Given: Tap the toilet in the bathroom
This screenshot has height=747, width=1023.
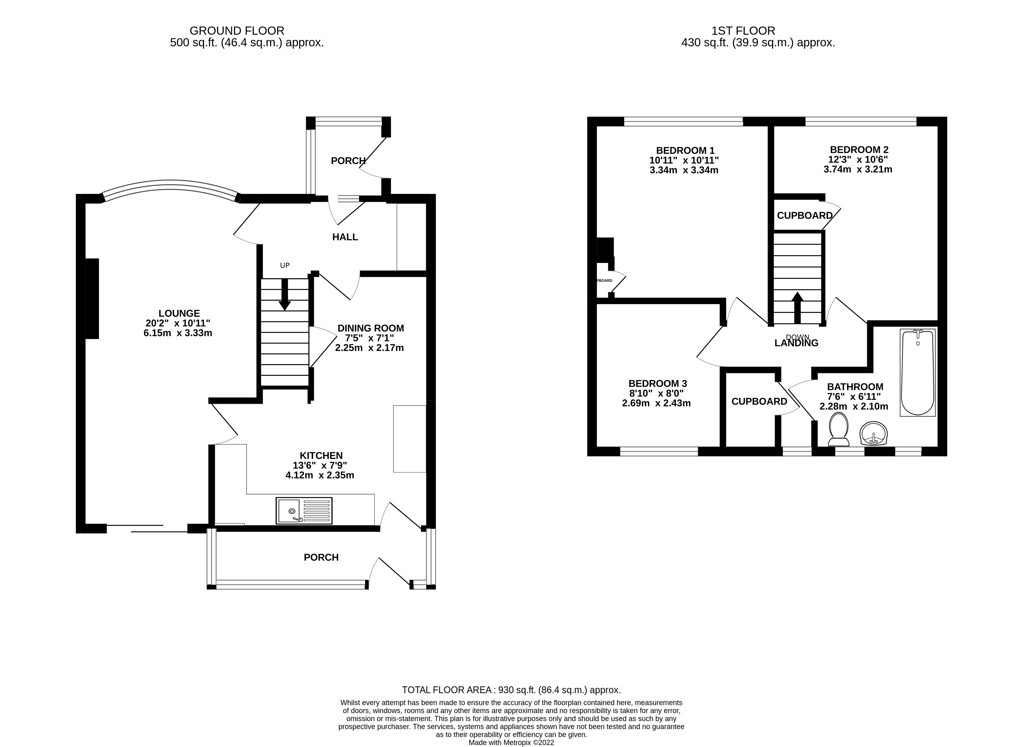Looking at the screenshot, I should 838,429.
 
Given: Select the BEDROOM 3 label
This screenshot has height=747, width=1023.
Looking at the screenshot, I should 657,383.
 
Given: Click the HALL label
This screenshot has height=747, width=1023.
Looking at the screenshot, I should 345,237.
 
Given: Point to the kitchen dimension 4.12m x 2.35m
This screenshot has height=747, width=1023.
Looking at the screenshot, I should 319,475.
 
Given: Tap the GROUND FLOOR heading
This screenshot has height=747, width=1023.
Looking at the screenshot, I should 237,31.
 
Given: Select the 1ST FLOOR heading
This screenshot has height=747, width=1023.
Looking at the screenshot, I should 743,31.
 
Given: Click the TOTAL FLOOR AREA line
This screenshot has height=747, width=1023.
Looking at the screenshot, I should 511,690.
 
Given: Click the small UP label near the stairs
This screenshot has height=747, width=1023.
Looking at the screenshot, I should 284,265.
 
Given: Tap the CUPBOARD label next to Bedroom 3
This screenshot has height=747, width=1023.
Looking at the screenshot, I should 759,401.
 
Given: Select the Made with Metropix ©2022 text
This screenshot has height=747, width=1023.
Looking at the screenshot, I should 511,742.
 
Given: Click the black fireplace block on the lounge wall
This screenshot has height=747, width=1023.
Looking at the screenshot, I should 92,299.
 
